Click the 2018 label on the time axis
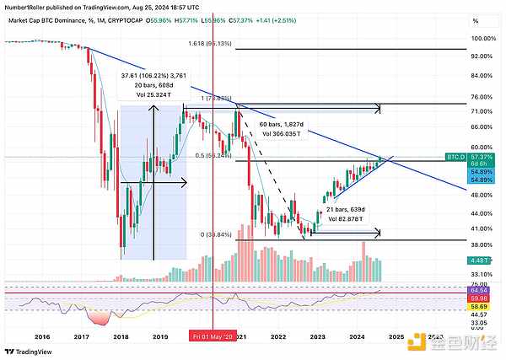coord(121,335)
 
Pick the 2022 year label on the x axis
coord(279,335)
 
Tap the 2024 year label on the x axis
coord(358,335)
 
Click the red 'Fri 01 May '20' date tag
coord(211,335)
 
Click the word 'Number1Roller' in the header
coord(26,7)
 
